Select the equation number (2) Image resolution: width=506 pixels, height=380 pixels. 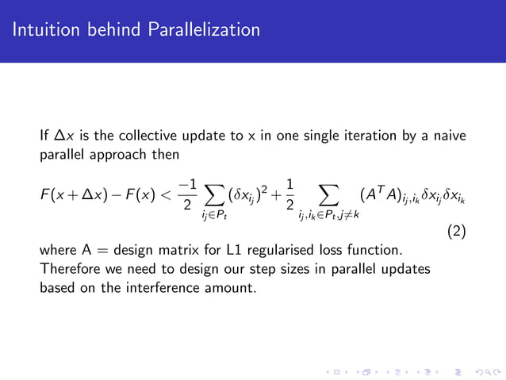coord(455,232)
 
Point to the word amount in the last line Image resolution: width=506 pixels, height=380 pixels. coord(233,287)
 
